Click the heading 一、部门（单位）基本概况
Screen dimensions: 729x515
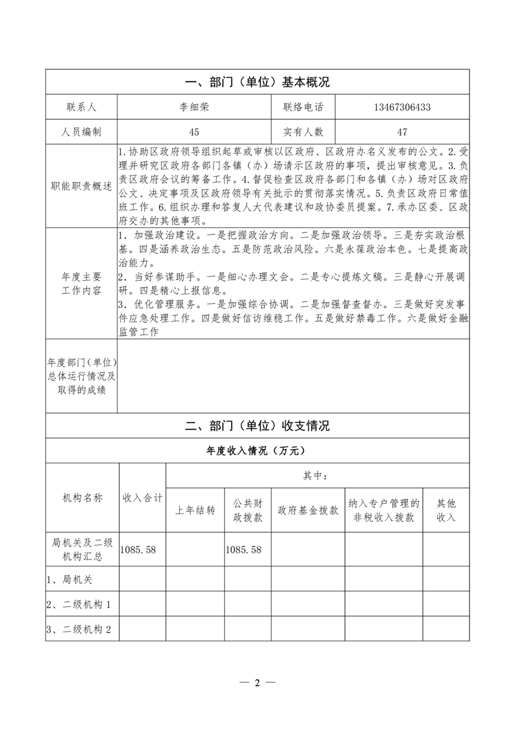257,83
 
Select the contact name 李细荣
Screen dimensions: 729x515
194,107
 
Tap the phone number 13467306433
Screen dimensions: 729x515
402,107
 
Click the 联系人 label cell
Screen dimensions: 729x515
81,107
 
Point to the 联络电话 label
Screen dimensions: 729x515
303,107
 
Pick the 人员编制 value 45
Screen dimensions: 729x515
194,132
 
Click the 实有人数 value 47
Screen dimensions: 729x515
402,132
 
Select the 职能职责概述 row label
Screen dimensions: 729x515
81,186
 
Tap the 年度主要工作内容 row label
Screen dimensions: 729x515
81,284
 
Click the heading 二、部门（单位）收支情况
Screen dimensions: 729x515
257,426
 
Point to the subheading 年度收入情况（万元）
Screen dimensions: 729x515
257,450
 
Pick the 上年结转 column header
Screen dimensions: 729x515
195,511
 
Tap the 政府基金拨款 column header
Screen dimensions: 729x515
308,511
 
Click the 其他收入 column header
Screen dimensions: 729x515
446,511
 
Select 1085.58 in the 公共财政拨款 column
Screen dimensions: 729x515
244,550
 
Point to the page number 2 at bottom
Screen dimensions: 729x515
257,683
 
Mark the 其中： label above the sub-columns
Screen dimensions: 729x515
317,476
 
